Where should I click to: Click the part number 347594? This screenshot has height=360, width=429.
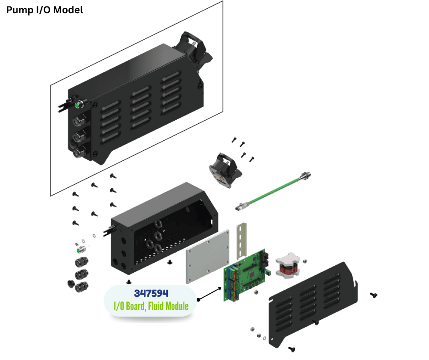[x=151, y=293]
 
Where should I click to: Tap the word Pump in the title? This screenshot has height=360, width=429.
[x=19, y=10]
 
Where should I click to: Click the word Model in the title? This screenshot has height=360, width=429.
[x=68, y=10]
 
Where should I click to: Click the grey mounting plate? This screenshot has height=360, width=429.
[x=208, y=256]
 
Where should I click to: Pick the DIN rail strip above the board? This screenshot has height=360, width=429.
[x=241, y=241]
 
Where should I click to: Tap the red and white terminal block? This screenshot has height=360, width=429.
[x=287, y=265]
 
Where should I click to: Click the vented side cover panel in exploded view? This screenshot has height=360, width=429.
[x=313, y=304]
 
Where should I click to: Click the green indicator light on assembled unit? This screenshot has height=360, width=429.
[x=78, y=105]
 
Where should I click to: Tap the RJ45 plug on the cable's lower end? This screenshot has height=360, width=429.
[x=240, y=206]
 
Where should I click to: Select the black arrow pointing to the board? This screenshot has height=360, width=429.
[x=209, y=293]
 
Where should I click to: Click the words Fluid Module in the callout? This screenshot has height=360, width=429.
[x=168, y=306]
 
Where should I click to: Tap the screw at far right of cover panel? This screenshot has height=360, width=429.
[x=374, y=295]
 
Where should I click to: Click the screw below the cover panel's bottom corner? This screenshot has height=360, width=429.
[x=292, y=349]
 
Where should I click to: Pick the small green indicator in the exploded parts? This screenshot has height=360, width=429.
[x=81, y=250]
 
